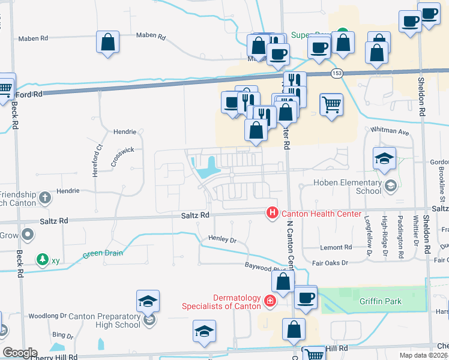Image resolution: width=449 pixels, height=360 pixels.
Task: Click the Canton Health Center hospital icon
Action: tap(273, 213)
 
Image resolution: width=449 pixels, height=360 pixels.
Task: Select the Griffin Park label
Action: tap(381, 301)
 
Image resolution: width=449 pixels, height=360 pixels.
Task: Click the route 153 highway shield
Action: tap(336, 73)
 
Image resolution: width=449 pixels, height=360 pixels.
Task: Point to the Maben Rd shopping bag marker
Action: tap(108, 43)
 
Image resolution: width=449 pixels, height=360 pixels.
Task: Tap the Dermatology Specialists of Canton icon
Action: tap(270, 301)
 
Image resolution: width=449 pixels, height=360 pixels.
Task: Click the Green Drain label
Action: tap(103, 253)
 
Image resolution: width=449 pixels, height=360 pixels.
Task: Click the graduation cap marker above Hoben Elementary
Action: tap(384, 159)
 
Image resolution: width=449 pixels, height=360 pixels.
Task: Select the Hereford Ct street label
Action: tap(99, 155)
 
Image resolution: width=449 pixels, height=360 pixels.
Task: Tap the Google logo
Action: tap(19, 353)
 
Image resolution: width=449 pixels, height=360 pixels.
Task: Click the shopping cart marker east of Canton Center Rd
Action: tap(331, 106)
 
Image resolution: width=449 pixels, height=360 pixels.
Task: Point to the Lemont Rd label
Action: tap(336, 247)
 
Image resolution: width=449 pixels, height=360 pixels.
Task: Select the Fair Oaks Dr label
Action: tap(331, 263)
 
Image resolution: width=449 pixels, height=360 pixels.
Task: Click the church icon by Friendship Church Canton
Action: tap(45, 197)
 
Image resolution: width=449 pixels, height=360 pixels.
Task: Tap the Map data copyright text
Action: tap(423, 355)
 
